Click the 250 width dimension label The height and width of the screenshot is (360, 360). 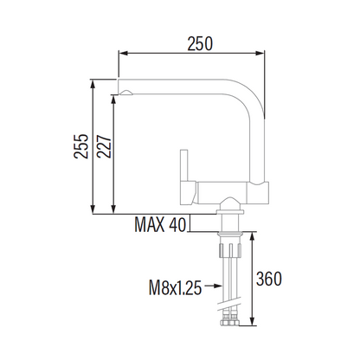(x=200, y=43)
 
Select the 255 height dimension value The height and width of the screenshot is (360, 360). (x=81, y=145)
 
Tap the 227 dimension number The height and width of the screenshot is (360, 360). (x=104, y=145)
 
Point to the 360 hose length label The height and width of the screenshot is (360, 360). (x=269, y=279)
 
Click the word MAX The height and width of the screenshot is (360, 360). (x=150, y=224)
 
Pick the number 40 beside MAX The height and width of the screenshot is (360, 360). (x=177, y=224)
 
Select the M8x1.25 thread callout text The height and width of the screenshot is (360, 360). (x=175, y=287)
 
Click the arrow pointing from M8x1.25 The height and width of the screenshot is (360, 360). (x=214, y=286)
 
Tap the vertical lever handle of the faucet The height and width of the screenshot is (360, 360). (x=184, y=165)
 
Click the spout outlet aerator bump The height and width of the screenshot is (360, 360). (x=126, y=93)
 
